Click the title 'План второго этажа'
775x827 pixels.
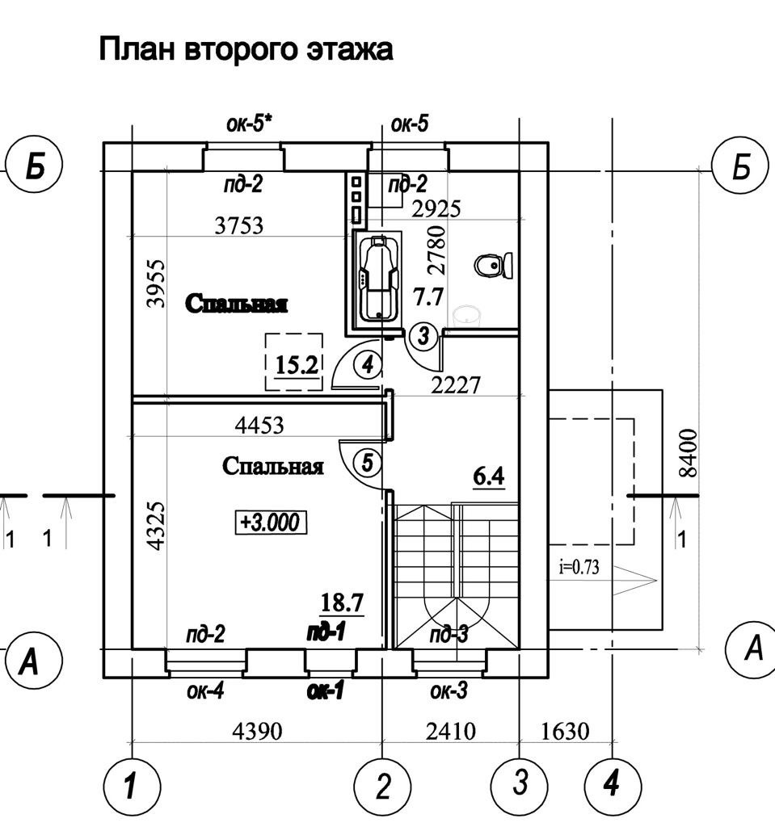(x=246, y=49)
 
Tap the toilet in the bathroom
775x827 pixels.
(x=494, y=265)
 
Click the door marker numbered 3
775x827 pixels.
(x=423, y=336)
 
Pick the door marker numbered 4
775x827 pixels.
(x=368, y=365)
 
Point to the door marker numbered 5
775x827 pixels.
(x=367, y=464)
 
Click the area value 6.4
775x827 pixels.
(x=489, y=476)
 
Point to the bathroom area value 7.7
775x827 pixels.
(x=428, y=297)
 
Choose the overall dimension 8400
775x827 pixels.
(x=688, y=453)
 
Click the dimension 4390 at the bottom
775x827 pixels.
(x=257, y=732)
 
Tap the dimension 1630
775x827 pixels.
(x=564, y=732)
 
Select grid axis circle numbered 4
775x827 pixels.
(x=613, y=784)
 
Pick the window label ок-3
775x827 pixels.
(x=449, y=691)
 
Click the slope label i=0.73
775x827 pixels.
(x=579, y=567)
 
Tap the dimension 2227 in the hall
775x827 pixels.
(x=456, y=385)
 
